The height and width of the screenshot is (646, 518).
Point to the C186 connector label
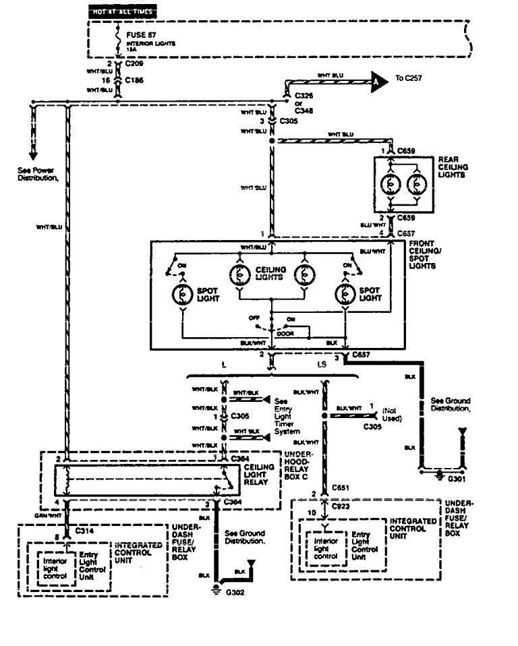135,80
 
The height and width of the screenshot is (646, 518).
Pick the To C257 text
409,79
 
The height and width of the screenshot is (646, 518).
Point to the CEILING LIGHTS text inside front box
270,274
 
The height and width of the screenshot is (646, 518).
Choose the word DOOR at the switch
285,332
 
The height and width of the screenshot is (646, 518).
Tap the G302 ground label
235,593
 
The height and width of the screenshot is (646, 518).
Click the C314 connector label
84,531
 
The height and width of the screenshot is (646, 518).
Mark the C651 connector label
341,487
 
